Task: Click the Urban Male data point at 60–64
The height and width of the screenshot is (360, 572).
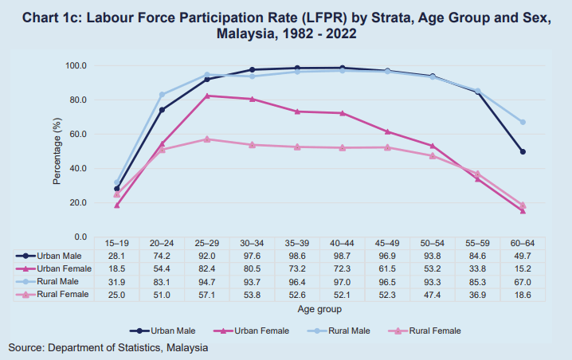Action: click(523, 151)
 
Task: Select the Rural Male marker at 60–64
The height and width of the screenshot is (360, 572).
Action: click(523, 122)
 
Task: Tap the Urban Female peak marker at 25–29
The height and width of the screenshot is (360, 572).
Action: click(207, 96)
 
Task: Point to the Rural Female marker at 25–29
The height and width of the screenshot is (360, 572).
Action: click(207, 139)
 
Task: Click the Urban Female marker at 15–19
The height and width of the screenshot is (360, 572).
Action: click(117, 205)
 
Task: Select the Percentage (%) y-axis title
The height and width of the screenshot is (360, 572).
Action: click(57, 151)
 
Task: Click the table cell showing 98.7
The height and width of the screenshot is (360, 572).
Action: click(343, 256)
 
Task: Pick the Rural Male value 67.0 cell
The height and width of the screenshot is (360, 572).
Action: click(523, 283)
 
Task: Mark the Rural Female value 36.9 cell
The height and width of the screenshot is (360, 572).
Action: click(477, 295)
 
